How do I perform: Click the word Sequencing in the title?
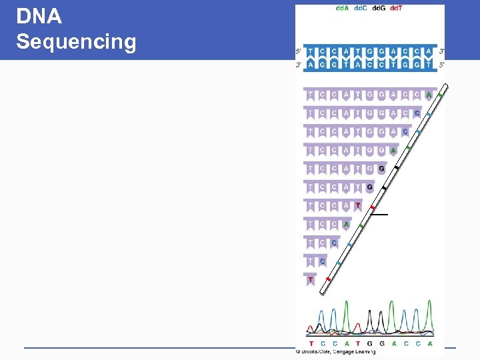tap(76, 42)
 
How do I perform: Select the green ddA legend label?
tap(341, 8)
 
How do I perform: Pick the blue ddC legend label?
tap(359, 8)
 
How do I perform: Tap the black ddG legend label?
tap(378, 8)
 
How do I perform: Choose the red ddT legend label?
tap(396, 8)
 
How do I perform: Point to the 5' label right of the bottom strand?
tap(442, 64)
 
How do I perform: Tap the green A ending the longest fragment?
tap(429, 95)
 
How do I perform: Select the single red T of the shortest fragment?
tap(311, 280)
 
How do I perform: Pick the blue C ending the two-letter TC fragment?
tap(323, 261)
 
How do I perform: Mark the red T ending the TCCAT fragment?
tap(358, 206)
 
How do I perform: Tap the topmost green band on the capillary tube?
tap(440, 97)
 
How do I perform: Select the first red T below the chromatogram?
tap(311, 343)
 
